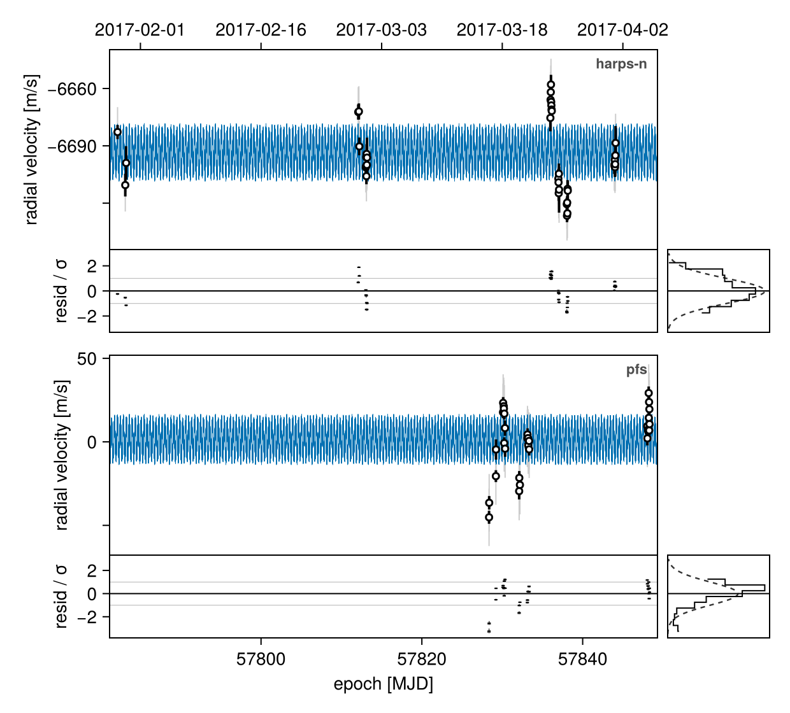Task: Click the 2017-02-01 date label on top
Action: (x=140, y=30)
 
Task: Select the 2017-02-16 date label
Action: (x=261, y=30)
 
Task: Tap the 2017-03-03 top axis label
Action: (x=381, y=30)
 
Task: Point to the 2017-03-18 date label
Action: (x=502, y=30)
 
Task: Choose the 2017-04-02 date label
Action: (x=622, y=30)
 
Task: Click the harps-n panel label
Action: (x=621, y=64)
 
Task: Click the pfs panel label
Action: (x=636, y=370)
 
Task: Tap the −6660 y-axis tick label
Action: (x=72, y=89)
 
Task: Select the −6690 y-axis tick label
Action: (x=72, y=146)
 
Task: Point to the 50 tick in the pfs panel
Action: (x=87, y=359)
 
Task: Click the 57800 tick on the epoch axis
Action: (x=261, y=659)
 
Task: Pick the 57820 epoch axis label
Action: (x=422, y=659)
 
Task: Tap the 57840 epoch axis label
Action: (x=582, y=659)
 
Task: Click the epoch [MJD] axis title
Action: (x=383, y=684)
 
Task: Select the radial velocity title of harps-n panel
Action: (x=31, y=150)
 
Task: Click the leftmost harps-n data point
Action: (x=117, y=132)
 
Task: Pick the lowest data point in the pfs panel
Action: (x=489, y=518)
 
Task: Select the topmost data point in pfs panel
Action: (x=649, y=393)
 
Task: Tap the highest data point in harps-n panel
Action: (x=551, y=85)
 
